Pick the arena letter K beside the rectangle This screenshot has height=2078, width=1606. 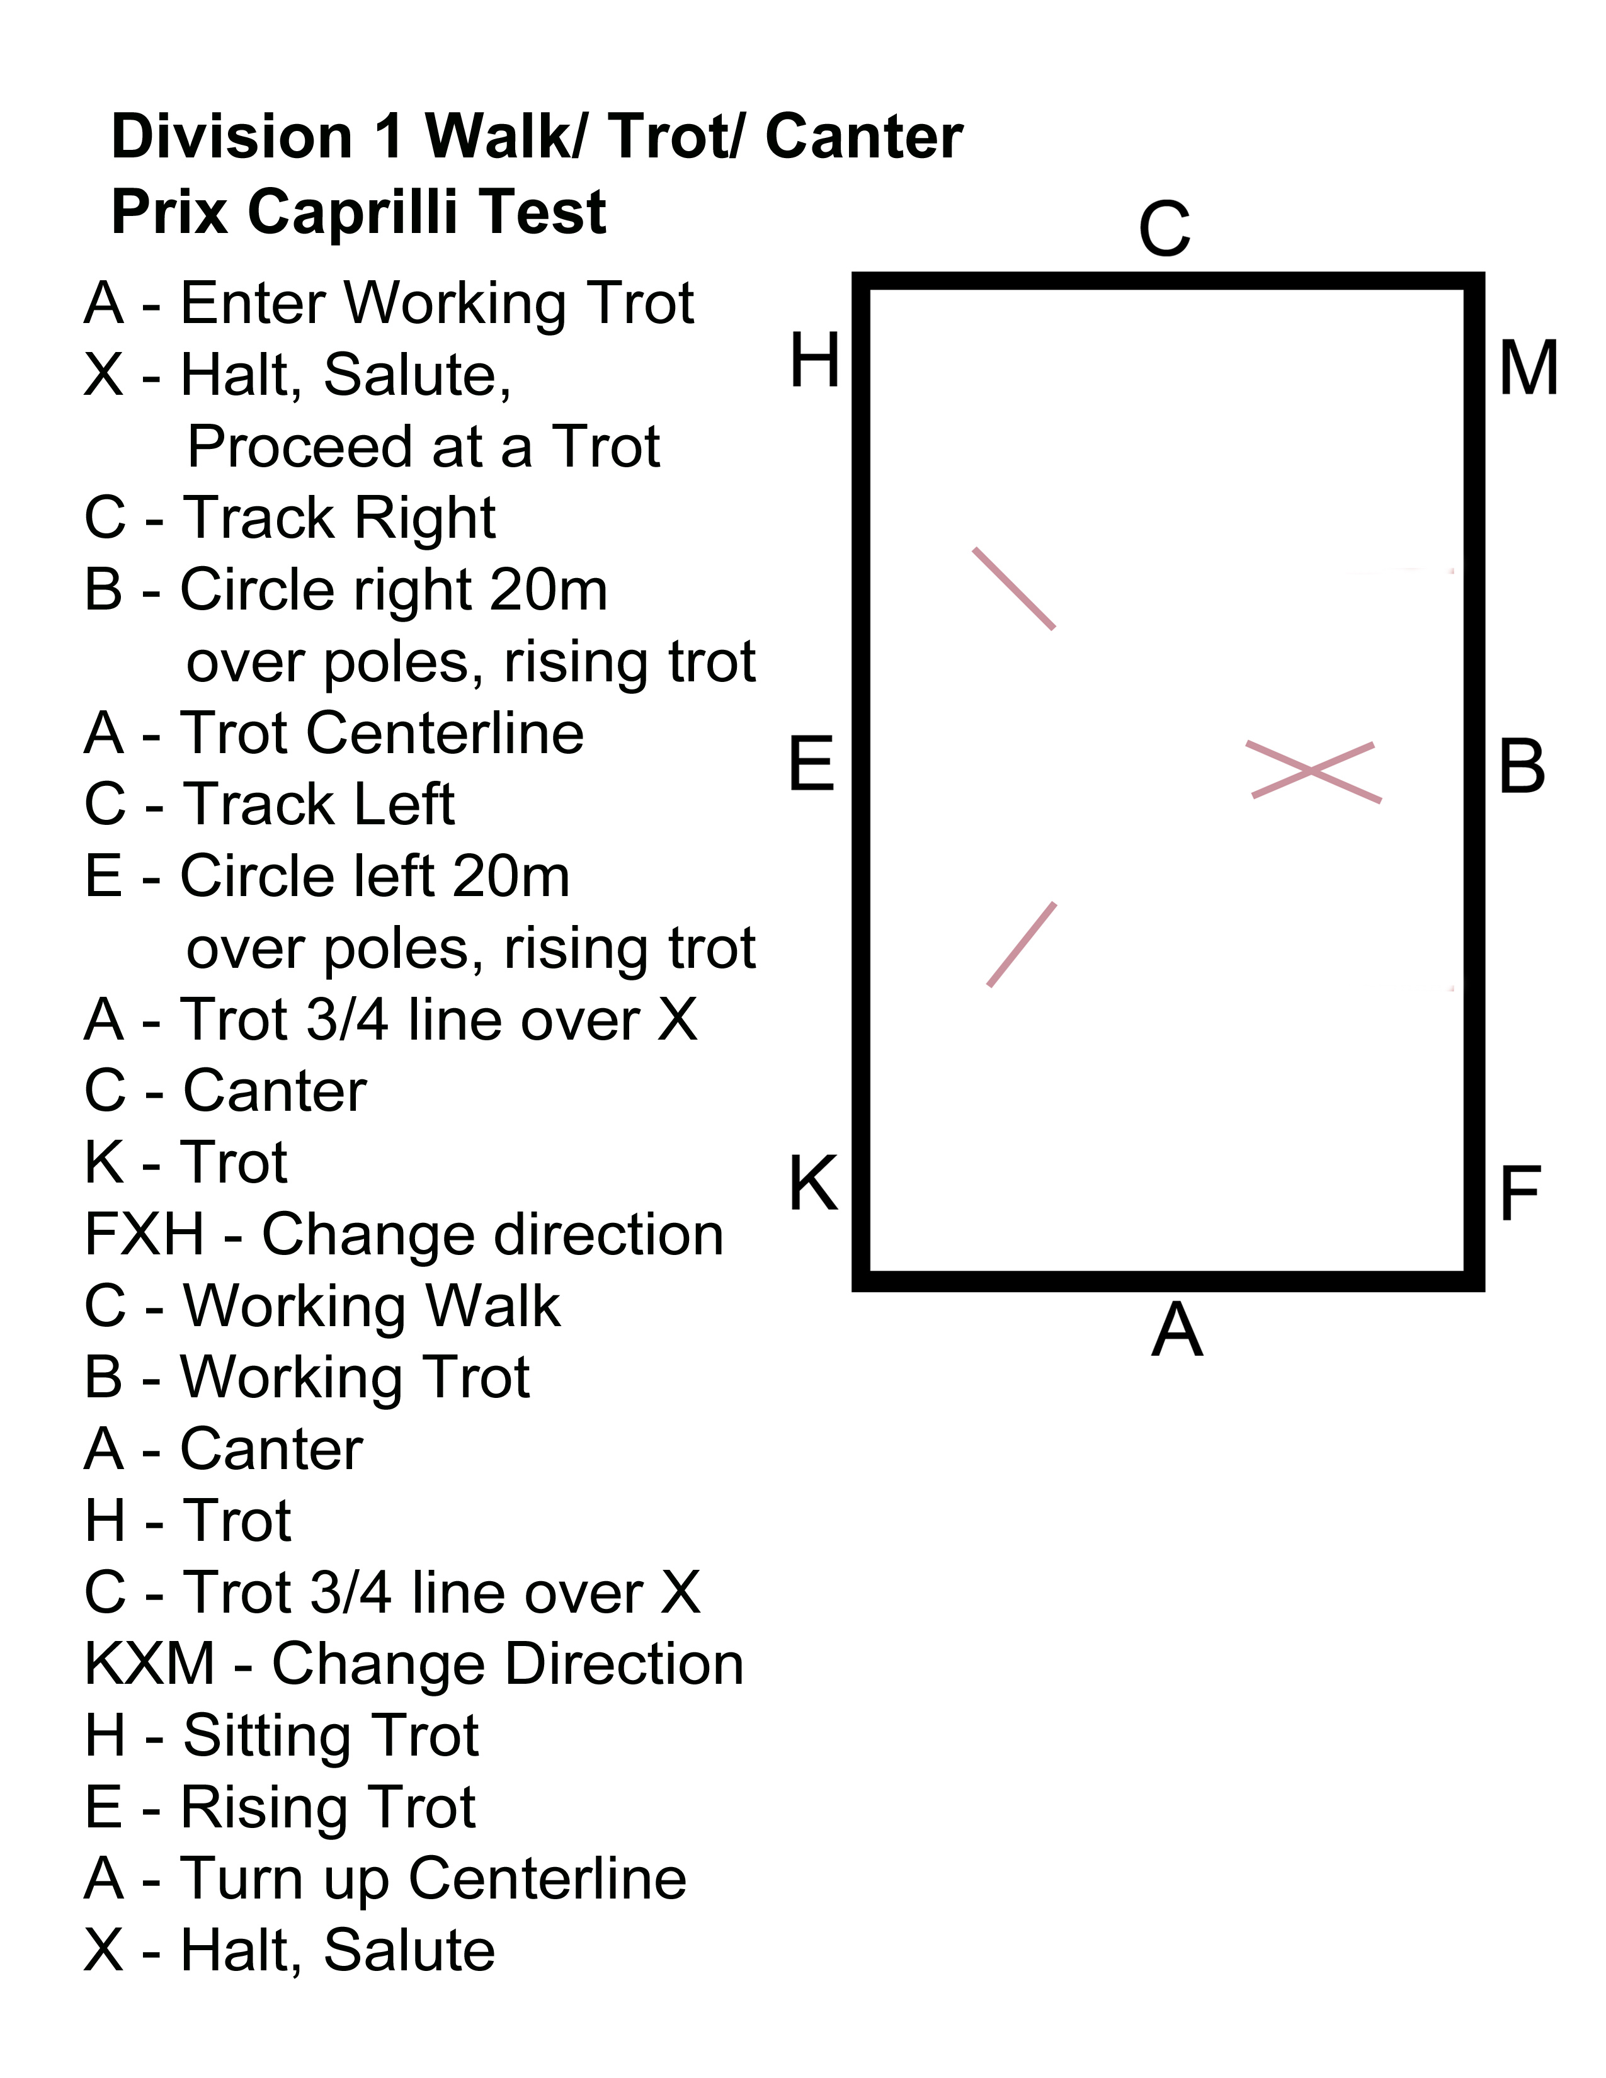click(x=814, y=1184)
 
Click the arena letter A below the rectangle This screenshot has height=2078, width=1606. click(x=1177, y=1330)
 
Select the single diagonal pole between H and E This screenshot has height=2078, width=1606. click(x=1014, y=588)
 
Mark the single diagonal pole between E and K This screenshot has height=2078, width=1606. click(x=1022, y=944)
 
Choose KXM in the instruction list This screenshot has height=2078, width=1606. click(x=149, y=1664)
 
